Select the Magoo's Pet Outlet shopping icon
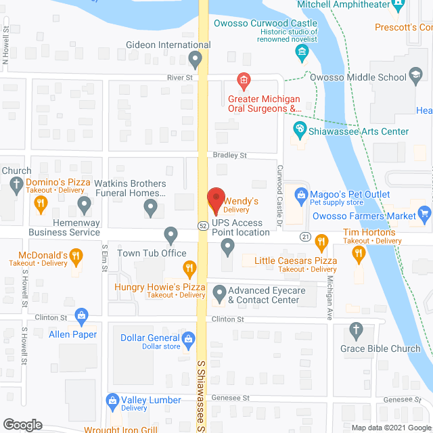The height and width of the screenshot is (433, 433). click(x=300, y=196)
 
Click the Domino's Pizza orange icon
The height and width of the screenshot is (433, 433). click(x=41, y=202)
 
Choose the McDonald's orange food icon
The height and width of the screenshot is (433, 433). click(x=76, y=256)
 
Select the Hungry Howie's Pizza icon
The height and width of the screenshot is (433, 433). click(x=191, y=269)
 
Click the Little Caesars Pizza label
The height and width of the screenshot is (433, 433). click(x=296, y=260)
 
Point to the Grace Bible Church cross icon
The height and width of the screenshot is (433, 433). click(x=356, y=331)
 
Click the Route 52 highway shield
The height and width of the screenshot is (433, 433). click(x=203, y=225)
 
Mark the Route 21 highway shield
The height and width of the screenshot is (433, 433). click(x=305, y=236)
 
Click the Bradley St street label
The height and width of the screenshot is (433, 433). click(x=230, y=156)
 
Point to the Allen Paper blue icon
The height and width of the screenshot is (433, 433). click(x=82, y=315)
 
